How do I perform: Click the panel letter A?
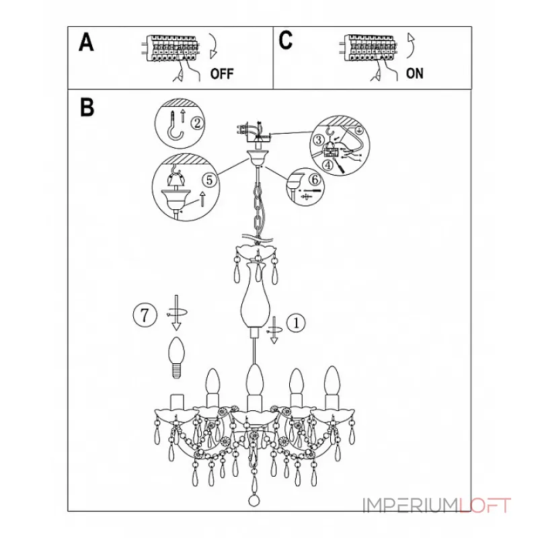[86, 42]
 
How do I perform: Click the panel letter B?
[87, 107]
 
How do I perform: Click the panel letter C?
[285, 40]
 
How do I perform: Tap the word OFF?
[222, 74]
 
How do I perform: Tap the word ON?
[414, 73]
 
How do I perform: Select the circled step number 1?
[296, 323]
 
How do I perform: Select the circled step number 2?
[197, 123]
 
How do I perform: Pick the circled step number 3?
[318, 140]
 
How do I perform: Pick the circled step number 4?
[328, 165]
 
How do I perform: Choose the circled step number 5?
[210, 180]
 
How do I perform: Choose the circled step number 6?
[315, 179]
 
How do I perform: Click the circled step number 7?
[145, 315]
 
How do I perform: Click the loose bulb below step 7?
[176, 358]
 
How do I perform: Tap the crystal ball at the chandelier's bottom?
[254, 500]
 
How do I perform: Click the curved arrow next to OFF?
[213, 46]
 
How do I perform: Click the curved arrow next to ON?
[411, 46]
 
